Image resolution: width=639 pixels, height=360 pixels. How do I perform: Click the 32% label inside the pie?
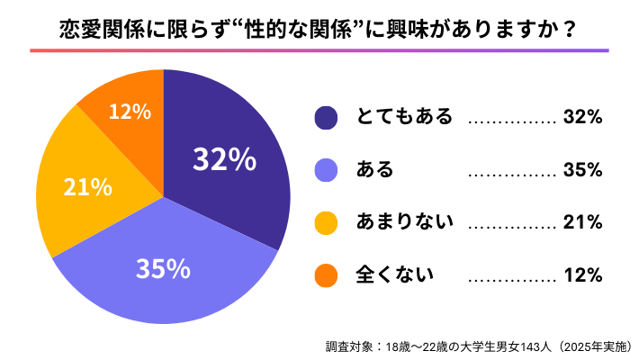click(225, 159)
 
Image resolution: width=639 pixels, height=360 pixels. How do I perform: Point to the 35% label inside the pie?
click(162, 268)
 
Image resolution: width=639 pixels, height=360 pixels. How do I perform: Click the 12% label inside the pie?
click(129, 112)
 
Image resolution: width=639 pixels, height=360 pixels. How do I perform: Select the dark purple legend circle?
click(326, 118)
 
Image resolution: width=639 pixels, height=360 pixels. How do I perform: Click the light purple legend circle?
click(326, 169)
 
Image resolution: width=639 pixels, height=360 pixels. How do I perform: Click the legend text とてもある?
click(404, 118)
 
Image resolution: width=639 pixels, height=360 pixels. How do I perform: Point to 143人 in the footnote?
click(528, 346)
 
